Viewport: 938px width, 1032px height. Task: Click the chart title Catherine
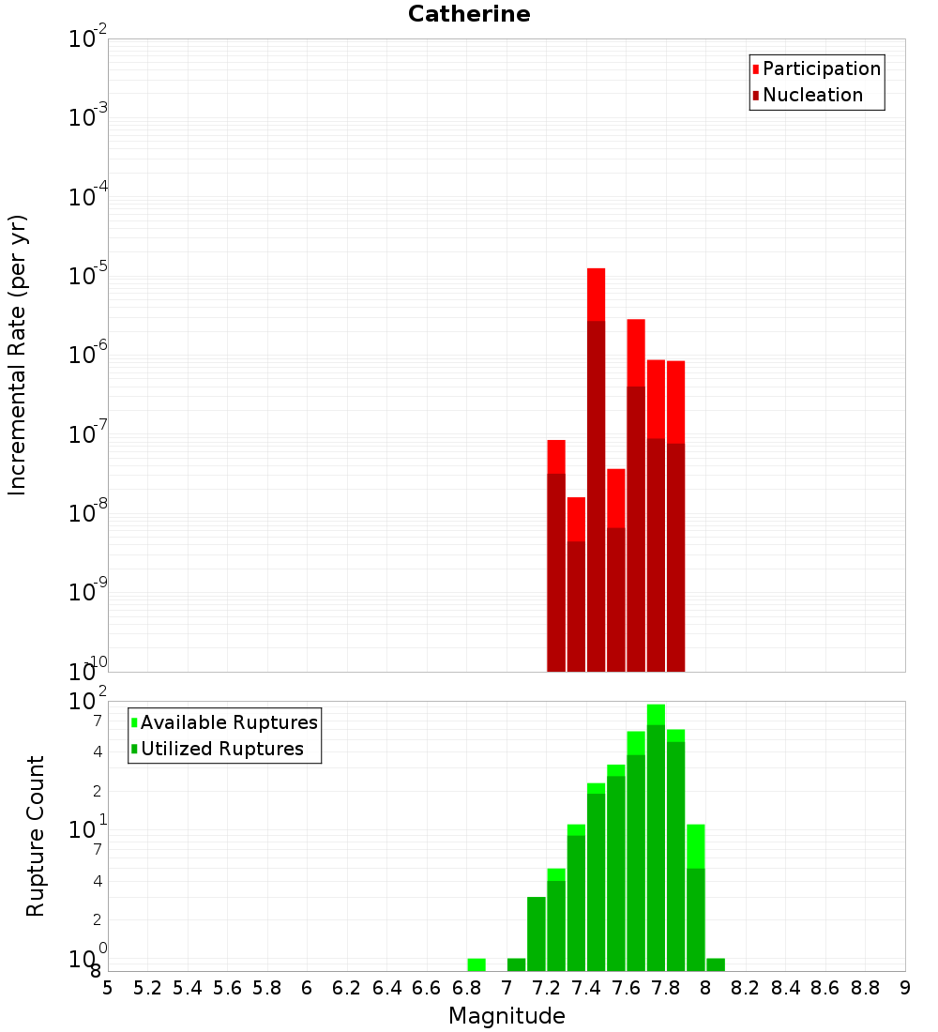tap(469, 15)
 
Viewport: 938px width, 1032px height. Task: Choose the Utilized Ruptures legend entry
tap(221, 750)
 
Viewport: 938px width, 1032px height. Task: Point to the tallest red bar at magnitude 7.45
tap(596, 469)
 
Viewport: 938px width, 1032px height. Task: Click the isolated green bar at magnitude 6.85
tap(477, 964)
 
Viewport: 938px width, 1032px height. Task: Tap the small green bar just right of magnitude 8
tap(716, 964)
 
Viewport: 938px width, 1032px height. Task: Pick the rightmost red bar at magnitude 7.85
tap(675, 516)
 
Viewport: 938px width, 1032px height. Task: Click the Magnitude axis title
tap(507, 1016)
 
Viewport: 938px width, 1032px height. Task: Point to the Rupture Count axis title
tap(36, 836)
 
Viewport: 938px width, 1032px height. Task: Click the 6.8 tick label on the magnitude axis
tap(466, 988)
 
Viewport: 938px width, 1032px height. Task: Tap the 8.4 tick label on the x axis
tap(786, 988)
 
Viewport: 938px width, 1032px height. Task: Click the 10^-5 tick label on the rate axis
tap(88, 276)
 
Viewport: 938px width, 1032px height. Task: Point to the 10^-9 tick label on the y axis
tap(88, 592)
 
